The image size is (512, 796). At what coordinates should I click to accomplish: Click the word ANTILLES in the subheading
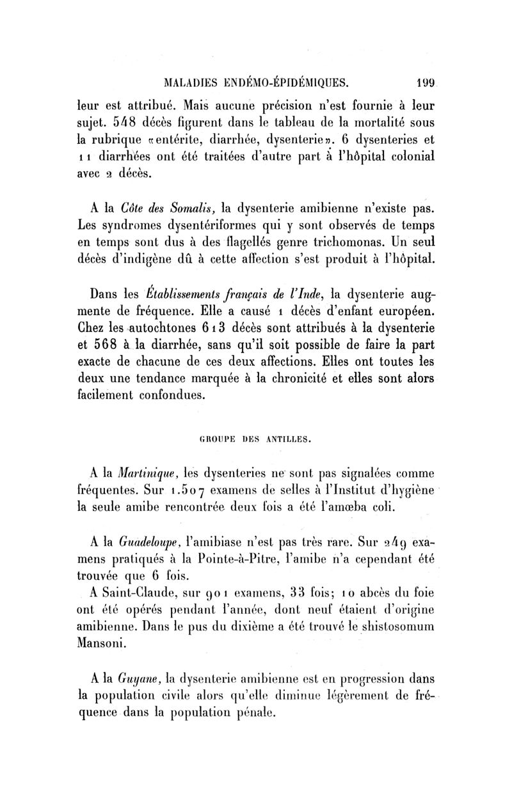point(286,439)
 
